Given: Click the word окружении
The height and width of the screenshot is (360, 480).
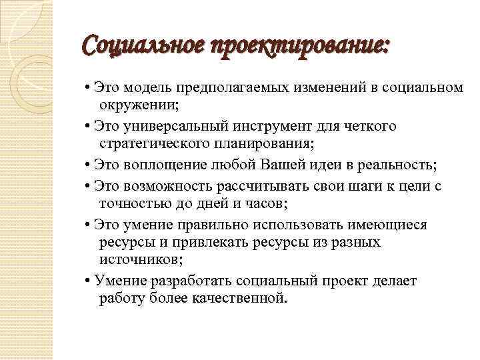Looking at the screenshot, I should pos(139,106).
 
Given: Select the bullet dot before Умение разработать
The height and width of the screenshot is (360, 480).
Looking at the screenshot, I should pos(89,281).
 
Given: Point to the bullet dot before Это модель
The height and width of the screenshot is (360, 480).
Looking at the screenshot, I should pos(89,89).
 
